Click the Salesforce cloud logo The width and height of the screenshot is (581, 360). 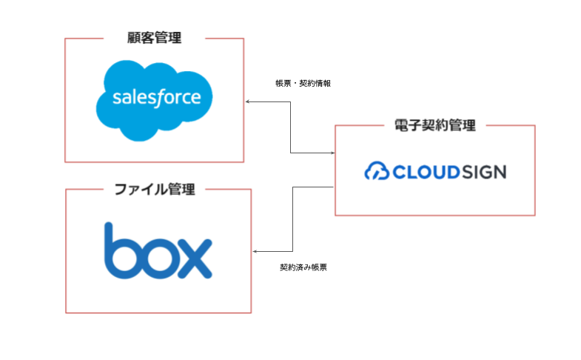(x=154, y=100)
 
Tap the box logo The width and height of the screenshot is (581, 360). (x=158, y=250)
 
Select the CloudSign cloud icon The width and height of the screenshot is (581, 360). (x=377, y=170)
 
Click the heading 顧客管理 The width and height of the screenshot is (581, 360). (x=154, y=38)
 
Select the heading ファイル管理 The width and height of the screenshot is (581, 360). (x=155, y=189)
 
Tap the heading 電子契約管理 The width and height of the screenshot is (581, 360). (x=435, y=125)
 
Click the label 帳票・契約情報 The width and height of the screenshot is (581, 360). (x=303, y=84)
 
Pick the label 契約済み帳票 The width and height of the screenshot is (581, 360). (x=303, y=267)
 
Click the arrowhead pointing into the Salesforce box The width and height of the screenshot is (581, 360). (x=247, y=101)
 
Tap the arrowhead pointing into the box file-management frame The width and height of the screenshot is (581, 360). (x=255, y=251)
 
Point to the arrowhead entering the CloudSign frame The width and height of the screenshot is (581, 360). (x=333, y=153)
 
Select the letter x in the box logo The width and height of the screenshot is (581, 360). (x=195, y=259)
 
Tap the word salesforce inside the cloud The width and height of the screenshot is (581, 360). (x=157, y=98)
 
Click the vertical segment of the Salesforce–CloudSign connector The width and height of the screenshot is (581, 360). (x=290, y=127)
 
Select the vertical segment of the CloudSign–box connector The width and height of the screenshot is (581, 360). (x=293, y=219)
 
